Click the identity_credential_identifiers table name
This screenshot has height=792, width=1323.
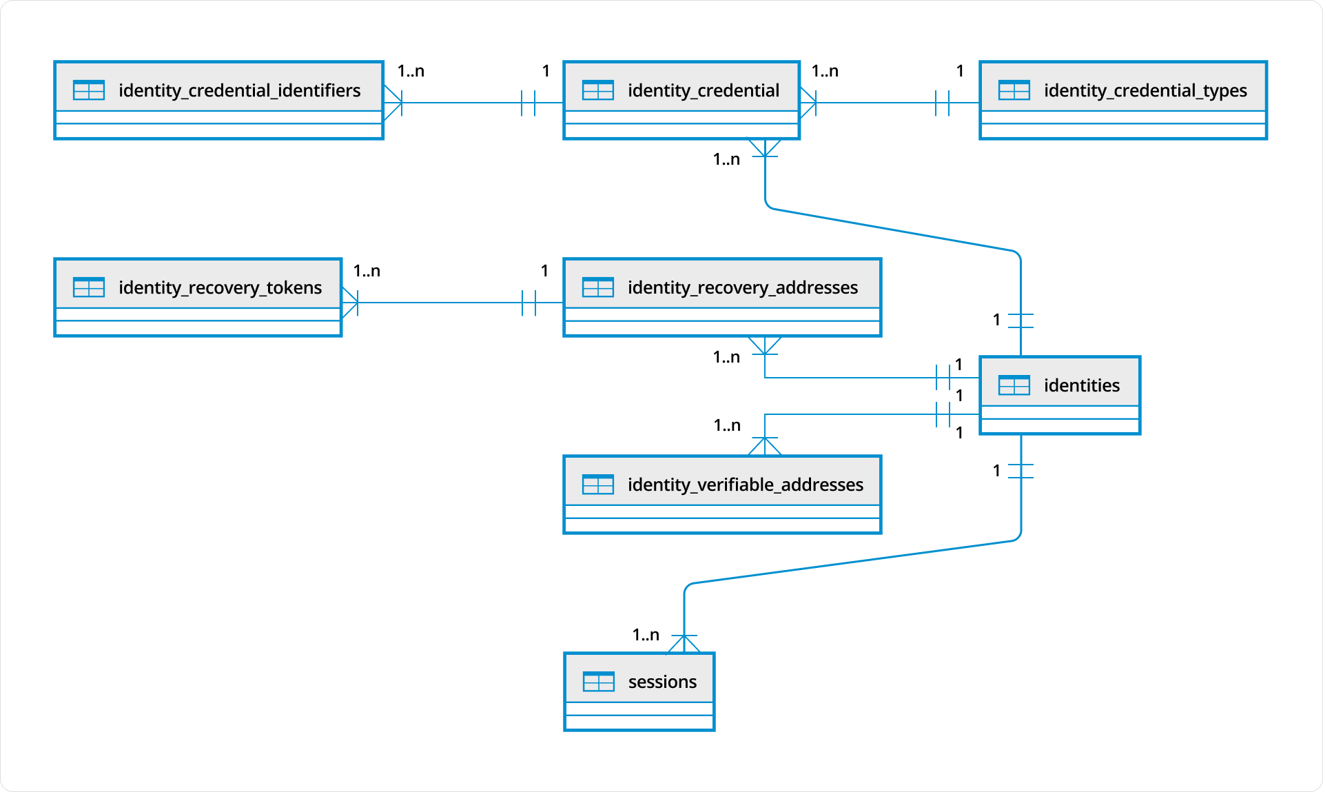(x=239, y=90)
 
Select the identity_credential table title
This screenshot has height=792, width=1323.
(x=703, y=90)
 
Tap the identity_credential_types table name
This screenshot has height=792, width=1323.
(x=1145, y=90)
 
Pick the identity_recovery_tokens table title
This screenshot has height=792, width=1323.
(x=220, y=287)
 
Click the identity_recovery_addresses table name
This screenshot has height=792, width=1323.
(x=742, y=287)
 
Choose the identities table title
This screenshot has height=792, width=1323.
(x=1081, y=385)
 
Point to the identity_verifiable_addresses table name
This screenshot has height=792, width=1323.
(x=745, y=485)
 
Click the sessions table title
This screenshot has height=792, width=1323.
(x=662, y=682)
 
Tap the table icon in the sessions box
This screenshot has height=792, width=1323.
(x=598, y=682)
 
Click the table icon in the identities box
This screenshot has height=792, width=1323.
(x=1014, y=385)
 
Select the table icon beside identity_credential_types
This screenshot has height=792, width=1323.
(x=1014, y=90)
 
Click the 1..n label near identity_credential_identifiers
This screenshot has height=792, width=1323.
(x=411, y=71)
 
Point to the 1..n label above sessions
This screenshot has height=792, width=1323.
(x=646, y=635)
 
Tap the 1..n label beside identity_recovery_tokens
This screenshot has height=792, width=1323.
(x=367, y=271)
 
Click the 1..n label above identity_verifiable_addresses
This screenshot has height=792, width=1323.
(x=727, y=425)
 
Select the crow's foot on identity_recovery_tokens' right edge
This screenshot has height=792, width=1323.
(x=351, y=302)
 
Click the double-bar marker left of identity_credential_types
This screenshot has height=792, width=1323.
(x=942, y=103)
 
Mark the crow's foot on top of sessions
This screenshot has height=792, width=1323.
(x=684, y=644)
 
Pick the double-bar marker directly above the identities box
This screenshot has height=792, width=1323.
(x=1021, y=321)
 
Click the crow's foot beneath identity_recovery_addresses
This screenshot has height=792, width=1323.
(x=765, y=345)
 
